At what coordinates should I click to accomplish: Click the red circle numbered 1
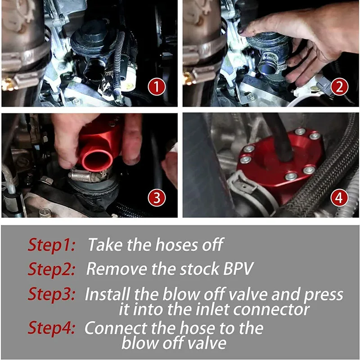[x=157, y=87]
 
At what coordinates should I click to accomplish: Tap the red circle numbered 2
[x=339, y=87]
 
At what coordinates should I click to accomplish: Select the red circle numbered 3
[x=157, y=198]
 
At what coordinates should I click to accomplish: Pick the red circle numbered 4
[x=339, y=198]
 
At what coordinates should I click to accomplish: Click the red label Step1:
[x=51, y=245]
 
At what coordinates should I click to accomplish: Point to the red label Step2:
[x=51, y=269]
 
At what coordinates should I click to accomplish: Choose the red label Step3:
[x=51, y=294]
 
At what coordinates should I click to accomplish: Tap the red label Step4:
[x=51, y=328]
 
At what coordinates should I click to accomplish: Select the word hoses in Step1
[x=176, y=244]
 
